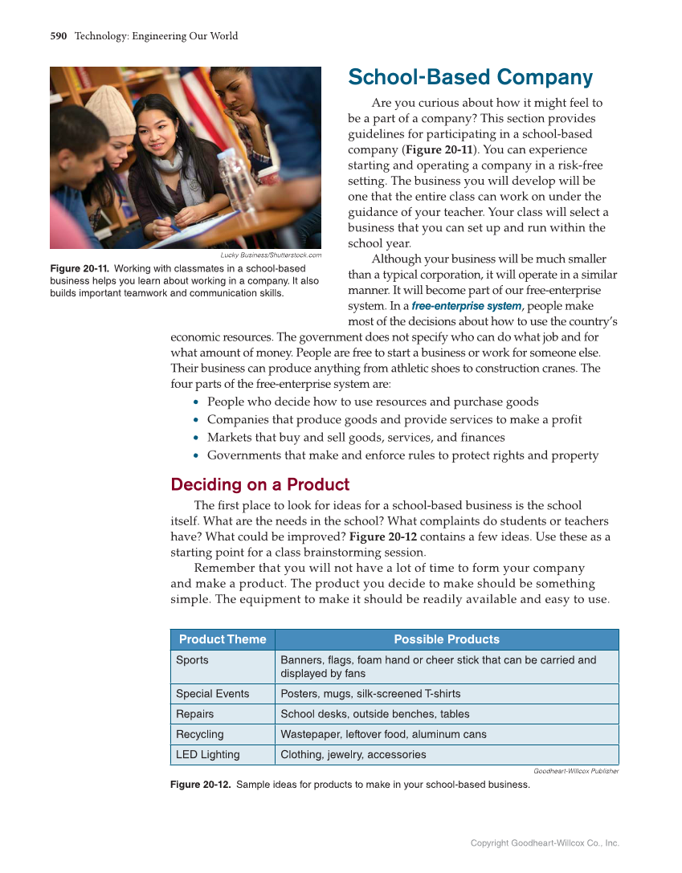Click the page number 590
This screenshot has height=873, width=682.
tap(58, 36)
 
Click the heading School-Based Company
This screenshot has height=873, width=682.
tap(470, 78)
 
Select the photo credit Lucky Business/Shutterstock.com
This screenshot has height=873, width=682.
tap(271, 255)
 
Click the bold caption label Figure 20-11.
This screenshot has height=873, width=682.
tap(79, 268)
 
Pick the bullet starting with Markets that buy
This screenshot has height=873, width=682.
tap(356, 438)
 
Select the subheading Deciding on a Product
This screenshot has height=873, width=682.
tap(259, 484)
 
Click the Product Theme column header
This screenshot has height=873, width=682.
tap(223, 639)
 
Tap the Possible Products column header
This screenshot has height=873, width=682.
tap(447, 639)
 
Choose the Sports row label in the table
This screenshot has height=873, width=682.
tap(192, 660)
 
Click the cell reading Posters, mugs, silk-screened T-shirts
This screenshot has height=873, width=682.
tap(370, 694)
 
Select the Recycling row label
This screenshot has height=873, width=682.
tap(200, 734)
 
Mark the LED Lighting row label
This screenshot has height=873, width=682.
tap(207, 754)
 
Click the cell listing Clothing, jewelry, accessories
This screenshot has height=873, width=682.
tap(353, 754)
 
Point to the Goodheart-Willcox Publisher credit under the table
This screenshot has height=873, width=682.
tap(576, 771)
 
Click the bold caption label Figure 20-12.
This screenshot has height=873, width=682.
tap(200, 785)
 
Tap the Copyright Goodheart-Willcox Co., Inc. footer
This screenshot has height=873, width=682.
tap(545, 843)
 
